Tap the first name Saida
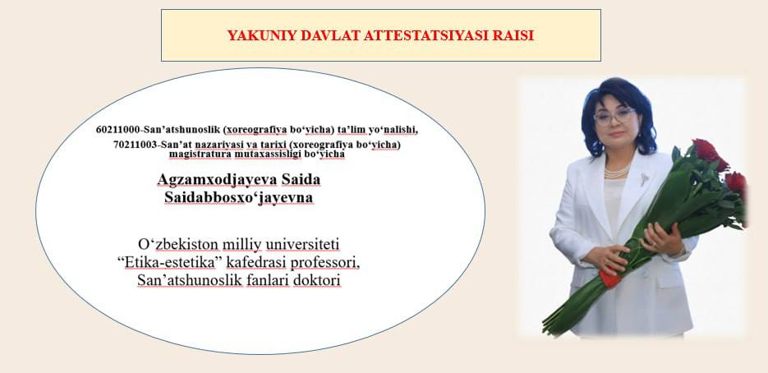(301, 179)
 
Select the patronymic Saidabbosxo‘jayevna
(238, 197)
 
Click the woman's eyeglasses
(614, 116)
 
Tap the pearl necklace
(617, 172)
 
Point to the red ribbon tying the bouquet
(609, 279)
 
